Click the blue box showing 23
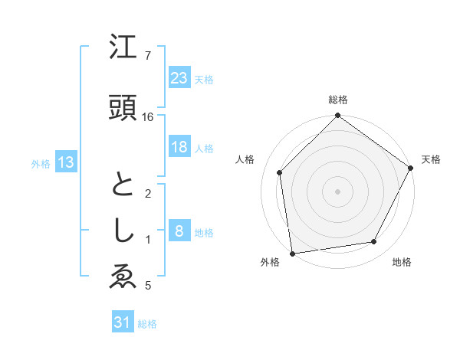pyautogui.click(x=179, y=77)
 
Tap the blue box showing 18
pyautogui.click(x=179, y=147)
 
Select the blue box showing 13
pyautogui.click(x=65, y=162)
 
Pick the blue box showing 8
pyautogui.click(x=179, y=231)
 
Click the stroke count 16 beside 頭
pyautogui.click(x=148, y=117)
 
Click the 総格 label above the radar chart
pyautogui.click(x=338, y=100)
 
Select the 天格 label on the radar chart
pyautogui.click(x=432, y=159)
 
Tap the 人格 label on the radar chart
pyautogui.click(x=245, y=159)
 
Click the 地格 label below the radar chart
pyautogui.click(x=402, y=262)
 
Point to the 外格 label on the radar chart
pyautogui.click(x=270, y=262)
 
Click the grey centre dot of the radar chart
pyautogui.click(x=338, y=191)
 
